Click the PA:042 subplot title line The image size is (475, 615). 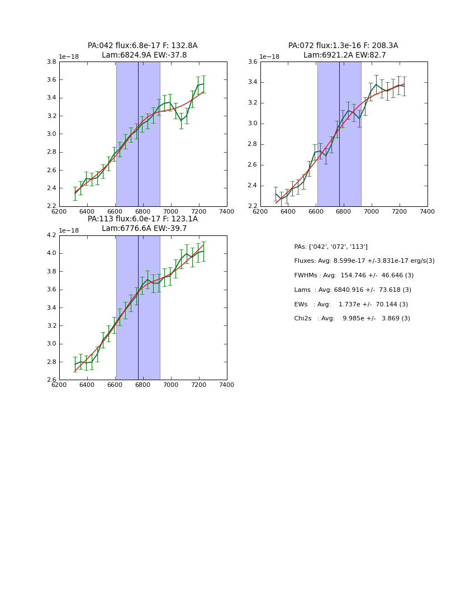[142, 46]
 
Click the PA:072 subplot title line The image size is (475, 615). [343, 46]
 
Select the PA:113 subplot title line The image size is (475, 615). [142, 219]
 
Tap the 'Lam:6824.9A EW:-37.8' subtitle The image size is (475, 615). [144, 55]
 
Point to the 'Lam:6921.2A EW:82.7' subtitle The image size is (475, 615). [345, 55]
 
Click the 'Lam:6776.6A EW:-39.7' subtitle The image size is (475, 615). [144, 229]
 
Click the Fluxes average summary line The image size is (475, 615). [364, 261]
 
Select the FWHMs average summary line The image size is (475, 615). [354, 276]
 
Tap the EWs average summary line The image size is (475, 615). [351, 305]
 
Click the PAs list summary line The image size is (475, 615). [331, 247]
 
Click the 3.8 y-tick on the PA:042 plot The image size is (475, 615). [51, 62]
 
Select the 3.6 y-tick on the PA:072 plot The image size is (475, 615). [252, 62]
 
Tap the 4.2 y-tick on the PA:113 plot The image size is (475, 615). [51, 235]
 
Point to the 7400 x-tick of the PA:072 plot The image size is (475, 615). [427, 211]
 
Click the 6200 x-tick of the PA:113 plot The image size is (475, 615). [59, 385]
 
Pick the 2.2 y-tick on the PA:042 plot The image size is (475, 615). [51, 206]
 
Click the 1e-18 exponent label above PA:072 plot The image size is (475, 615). [270, 56]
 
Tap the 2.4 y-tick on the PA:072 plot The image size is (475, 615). [252, 186]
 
